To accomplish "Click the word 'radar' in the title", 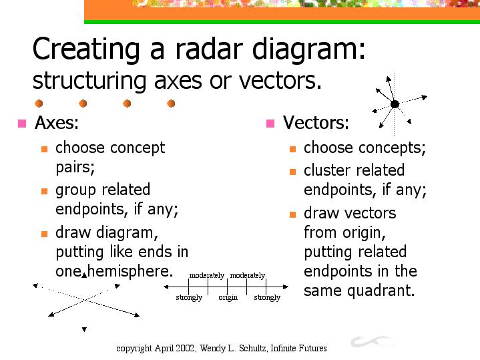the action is [x=209, y=48].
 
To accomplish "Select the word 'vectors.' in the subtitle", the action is [x=280, y=81].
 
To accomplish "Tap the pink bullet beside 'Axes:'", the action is [x=22, y=123].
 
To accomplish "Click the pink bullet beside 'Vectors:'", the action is [x=270, y=123].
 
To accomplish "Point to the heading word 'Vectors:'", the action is [x=316, y=122].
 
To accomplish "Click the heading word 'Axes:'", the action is [x=57, y=122].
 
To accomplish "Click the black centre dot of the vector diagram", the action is [x=395, y=104].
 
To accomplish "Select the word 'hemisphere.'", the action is [x=130, y=271].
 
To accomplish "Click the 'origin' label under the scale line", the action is [x=228, y=297].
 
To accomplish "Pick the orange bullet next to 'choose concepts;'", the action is [x=292, y=149].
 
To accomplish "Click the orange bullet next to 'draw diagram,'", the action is [x=44, y=234].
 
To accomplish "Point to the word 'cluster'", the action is [x=328, y=170].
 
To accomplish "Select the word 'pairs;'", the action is [x=75, y=168].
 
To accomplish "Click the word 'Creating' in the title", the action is [x=86, y=49].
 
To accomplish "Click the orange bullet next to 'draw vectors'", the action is [x=292, y=214].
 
